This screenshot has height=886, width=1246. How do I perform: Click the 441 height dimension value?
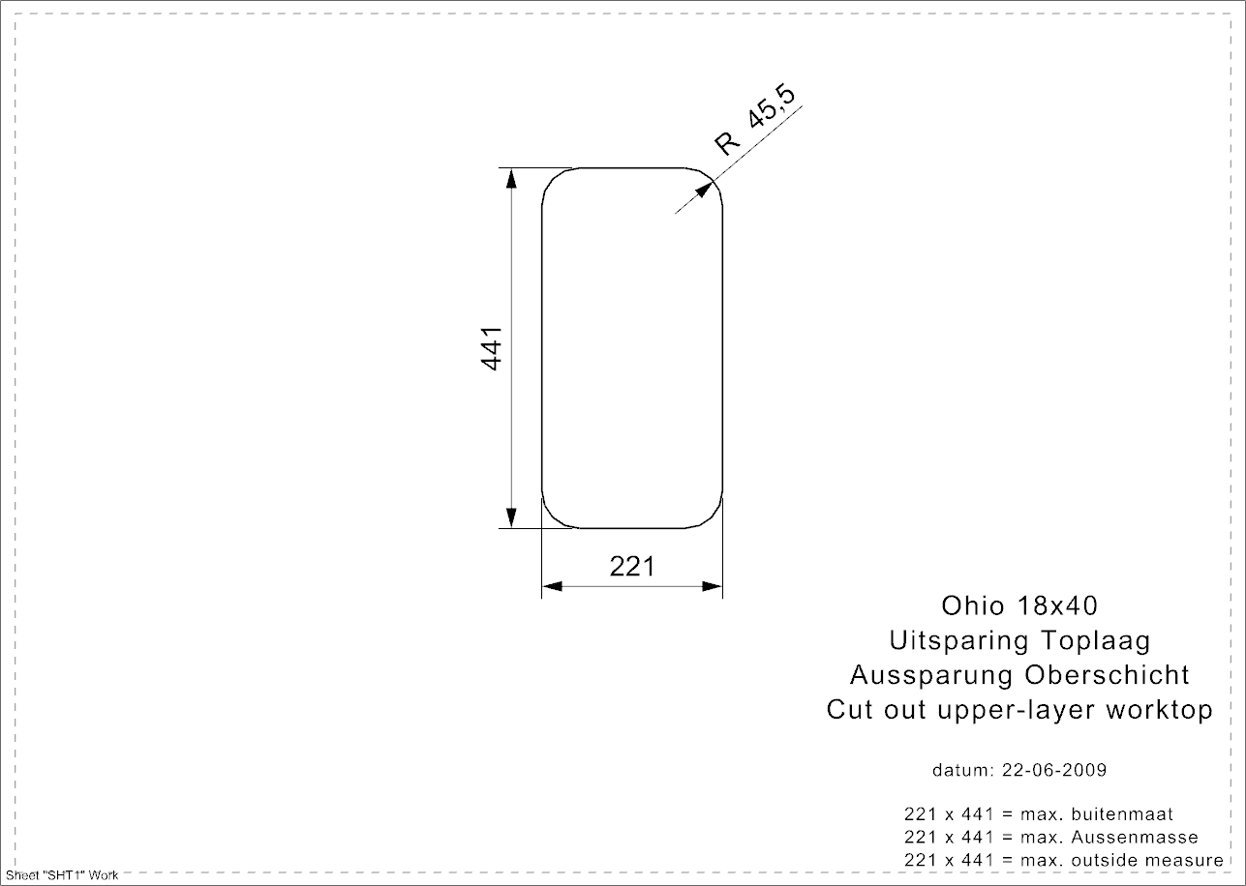coord(491,348)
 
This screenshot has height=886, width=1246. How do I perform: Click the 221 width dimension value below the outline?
coord(632,567)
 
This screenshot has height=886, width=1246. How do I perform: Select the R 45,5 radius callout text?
coord(755,121)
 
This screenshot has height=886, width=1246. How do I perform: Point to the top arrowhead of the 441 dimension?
coord(511,178)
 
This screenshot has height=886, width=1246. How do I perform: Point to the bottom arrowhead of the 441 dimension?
coord(511,517)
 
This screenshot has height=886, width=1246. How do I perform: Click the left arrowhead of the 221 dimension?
coord(552,586)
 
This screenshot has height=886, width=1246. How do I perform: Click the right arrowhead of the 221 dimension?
coord(713,586)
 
